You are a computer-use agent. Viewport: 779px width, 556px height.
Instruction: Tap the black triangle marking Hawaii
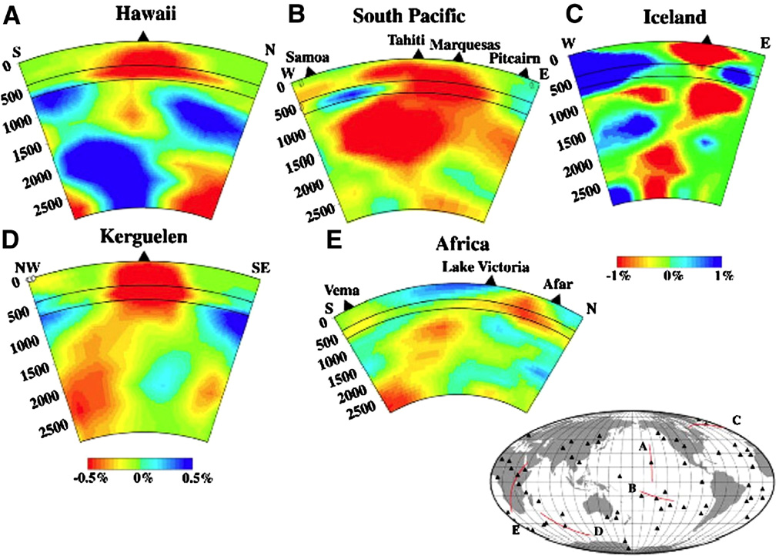click(142, 36)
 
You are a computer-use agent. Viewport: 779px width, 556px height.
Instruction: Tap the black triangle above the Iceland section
click(707, 39)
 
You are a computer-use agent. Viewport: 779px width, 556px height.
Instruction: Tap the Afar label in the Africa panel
click(558, 285)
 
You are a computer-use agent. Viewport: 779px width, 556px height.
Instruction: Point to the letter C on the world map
click(736, 420)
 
